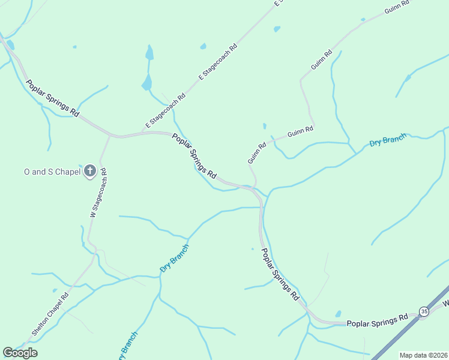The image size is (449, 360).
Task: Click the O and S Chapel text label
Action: [52, 172]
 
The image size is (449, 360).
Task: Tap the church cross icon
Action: [90, 172]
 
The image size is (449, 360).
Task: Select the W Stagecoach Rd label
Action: [98, 193]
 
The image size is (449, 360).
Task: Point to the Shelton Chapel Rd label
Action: [50, 314]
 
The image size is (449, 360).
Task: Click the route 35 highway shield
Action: [424, 311]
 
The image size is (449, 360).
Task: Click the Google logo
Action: [20, 353]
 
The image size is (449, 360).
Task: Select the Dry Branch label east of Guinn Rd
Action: [387, 140]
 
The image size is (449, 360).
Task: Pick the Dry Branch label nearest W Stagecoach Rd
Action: [174, 258]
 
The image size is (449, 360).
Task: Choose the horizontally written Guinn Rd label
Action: [300, 131]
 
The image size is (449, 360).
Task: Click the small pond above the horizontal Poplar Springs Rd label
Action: [339, 314]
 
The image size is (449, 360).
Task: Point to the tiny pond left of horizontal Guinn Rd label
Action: [264, 126]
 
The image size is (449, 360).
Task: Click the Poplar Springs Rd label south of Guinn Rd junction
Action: [280, 275]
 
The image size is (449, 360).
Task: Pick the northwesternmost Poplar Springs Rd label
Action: [53, 97]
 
